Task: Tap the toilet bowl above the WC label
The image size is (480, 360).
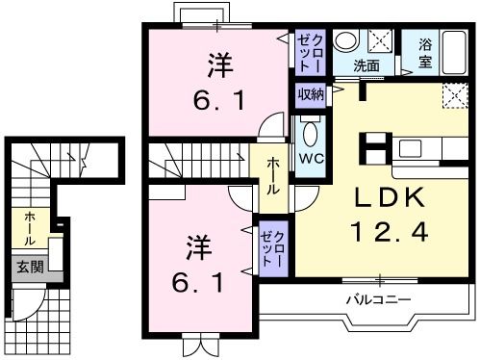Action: [x=310, y=133]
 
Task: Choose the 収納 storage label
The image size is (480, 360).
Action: [x=310, y=94]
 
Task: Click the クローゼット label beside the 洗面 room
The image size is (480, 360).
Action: [x=311, y=52]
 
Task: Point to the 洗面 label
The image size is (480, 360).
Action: [x=365, y=66]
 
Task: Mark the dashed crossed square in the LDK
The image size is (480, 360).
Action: [x=452, y=95]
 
